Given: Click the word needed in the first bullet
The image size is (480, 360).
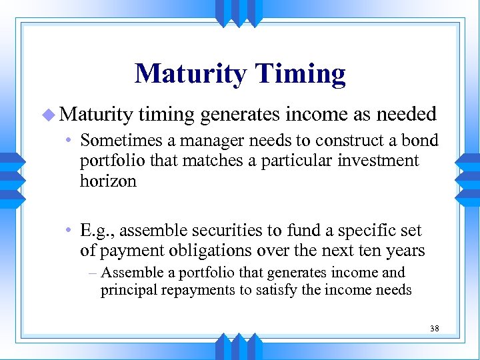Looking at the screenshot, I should coord(406,114).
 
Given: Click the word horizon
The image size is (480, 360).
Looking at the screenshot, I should coord(108,181).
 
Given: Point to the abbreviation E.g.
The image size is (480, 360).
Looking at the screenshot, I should coord(97,231).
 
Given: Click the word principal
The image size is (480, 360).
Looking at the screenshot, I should coord(128,290).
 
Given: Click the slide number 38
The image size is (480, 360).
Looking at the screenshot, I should coord(434,328).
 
